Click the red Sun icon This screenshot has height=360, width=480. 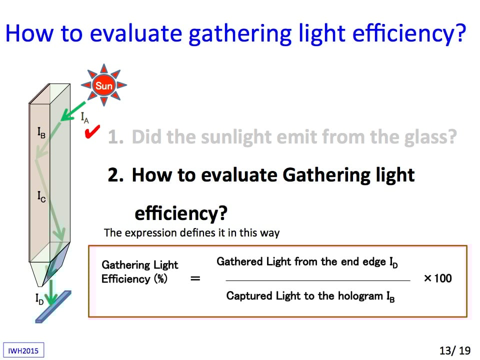104,85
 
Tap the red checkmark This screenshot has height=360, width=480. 92,132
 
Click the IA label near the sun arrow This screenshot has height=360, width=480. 85,118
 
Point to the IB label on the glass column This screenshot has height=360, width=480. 41,132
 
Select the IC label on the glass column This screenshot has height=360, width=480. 41,196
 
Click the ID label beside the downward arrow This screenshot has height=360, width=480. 39,299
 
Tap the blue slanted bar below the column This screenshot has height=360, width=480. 53,306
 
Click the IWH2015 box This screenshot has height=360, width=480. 23,350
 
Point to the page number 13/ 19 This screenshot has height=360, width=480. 455,350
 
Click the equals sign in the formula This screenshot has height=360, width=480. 195,278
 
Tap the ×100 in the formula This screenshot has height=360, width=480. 438,278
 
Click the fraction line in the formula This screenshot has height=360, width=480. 318,280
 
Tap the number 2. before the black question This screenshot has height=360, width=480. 115,175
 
